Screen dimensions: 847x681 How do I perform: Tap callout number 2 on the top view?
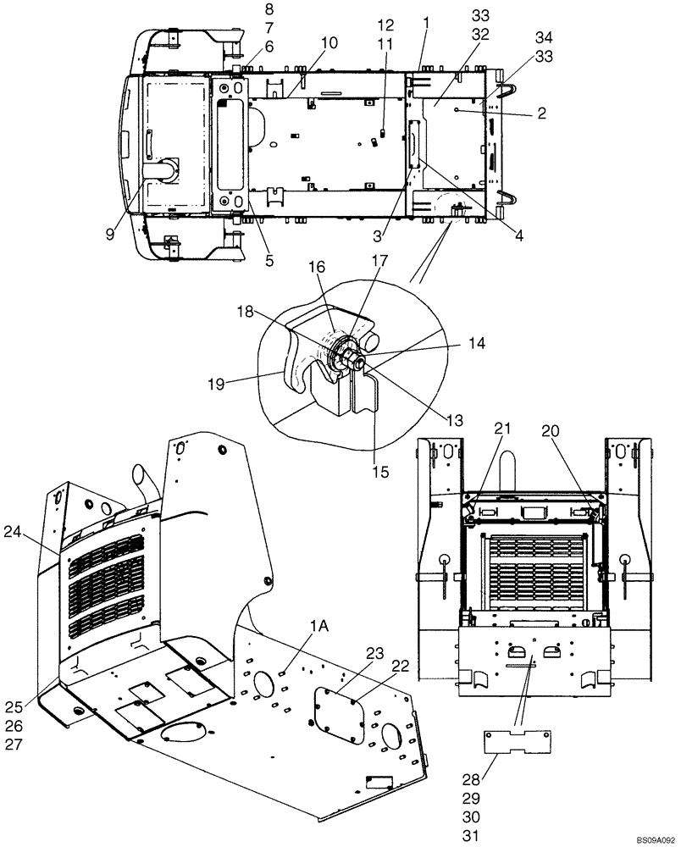click(541, 113)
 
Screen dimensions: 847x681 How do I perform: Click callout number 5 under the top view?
click(269, 262)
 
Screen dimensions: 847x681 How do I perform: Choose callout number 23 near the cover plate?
click(375, 652)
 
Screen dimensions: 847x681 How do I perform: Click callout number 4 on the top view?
click(518, 237)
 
